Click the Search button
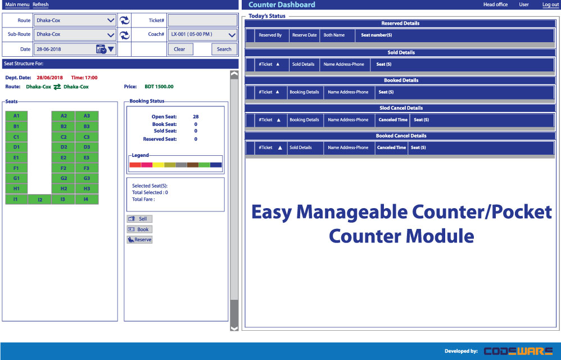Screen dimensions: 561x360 tap(224, 49)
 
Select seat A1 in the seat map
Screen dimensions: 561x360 tap(16, 116)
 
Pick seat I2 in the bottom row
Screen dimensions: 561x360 tap(40, 200)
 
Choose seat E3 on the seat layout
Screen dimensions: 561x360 tap(87, 158)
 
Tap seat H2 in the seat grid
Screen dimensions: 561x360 tap(64, 189)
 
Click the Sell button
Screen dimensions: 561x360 tap(139, 219)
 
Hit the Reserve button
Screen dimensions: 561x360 tap(139, 240)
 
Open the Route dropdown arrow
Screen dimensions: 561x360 tap(111, 20)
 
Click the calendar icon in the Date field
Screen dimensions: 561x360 tap(101, 49)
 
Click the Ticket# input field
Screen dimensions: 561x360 tap(202, 20)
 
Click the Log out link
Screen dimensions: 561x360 tap(550, 4)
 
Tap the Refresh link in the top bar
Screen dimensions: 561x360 tap(40, 4)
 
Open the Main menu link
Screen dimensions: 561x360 tap(17, 4)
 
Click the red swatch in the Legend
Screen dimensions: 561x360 tap(135, 165)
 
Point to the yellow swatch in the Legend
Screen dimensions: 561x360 tap(159, 165)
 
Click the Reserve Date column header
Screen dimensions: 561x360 tap(305, 35)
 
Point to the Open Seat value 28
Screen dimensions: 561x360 tap(196, 116)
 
